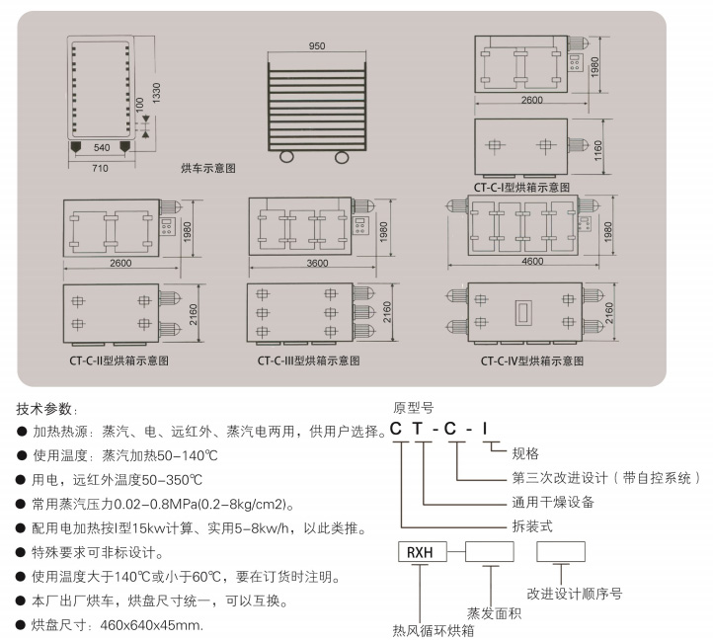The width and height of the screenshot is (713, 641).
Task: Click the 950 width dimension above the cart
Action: coord(316,46)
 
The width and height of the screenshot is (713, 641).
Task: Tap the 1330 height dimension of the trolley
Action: coord(155,93)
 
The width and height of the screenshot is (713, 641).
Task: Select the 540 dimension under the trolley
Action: coord(101,148)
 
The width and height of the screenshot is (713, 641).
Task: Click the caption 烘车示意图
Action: coord(208,169)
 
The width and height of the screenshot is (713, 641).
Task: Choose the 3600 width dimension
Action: coord(317,264)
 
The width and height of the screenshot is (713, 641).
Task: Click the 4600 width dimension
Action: coord(533,262)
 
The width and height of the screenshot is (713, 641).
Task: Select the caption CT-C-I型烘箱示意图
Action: coord(521,187)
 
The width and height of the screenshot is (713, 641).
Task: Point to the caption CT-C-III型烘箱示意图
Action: coord(305,361)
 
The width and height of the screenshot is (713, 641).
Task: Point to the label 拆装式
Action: coord(532,526)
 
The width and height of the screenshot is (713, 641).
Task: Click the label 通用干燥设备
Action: coord(552,502)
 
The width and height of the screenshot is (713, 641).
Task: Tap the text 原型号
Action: coord(413,407)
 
